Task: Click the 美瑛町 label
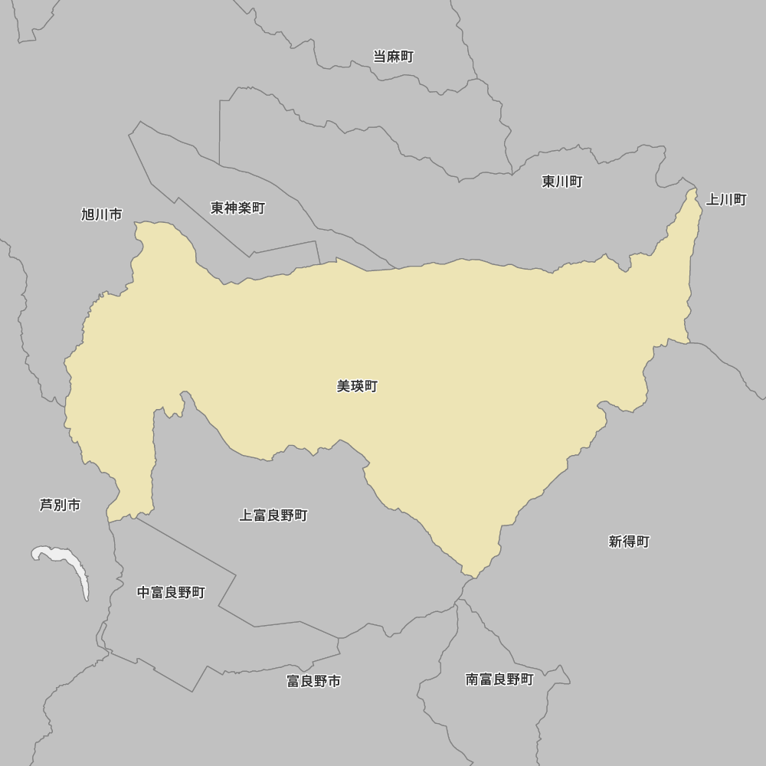[x=357, y=387]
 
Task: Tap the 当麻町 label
[x=393, y=57]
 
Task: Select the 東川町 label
[x=562, y=182]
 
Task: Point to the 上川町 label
[x=725, y=200]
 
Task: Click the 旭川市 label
[x=102, y=214]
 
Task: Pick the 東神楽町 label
[x=237, y=208]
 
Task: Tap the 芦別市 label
[x=60, y=506]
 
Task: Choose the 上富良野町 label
[x=273, y=516]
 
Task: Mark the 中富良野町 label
[x=171, y=592]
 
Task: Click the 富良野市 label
[x=313, y=681]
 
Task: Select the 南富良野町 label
[x=499, y=679]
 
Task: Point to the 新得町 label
[x=629, y=542]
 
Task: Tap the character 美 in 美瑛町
[x=343, y=387]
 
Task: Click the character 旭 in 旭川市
[x=88, y=214]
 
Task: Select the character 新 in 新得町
[x=615, y=542]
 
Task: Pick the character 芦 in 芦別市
[x=46, y=506]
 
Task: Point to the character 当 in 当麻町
[x=379, y=57]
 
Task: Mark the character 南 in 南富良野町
[x=472, y=679]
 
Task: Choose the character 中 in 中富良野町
[x=144, y=592]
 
